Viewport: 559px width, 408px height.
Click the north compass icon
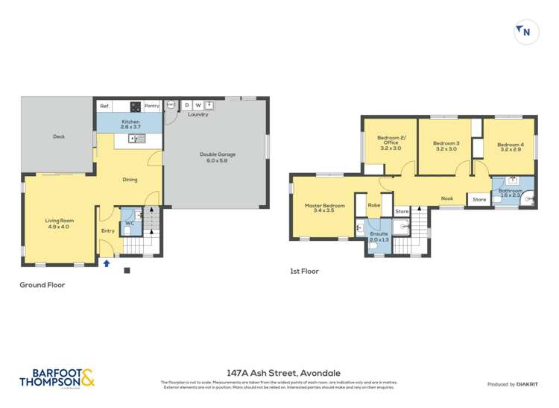(525, 32)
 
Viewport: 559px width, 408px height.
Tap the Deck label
(59, 136)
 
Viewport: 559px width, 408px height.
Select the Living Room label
(60, 223)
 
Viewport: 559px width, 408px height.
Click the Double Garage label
(215, 158)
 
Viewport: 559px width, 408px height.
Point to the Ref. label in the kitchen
(105, 107)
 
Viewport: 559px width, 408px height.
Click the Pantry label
(152, 107)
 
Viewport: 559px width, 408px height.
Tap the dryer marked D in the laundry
(187, 105)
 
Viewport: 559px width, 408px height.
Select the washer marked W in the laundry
(198, 105)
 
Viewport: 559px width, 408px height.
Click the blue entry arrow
(107, 263)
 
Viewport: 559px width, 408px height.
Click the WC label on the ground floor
(129, 223)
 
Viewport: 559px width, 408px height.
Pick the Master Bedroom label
(324, 209)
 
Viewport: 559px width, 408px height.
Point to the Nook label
(447, 198)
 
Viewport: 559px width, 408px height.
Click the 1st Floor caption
(304, 272)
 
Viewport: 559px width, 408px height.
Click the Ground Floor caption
(42, 285)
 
